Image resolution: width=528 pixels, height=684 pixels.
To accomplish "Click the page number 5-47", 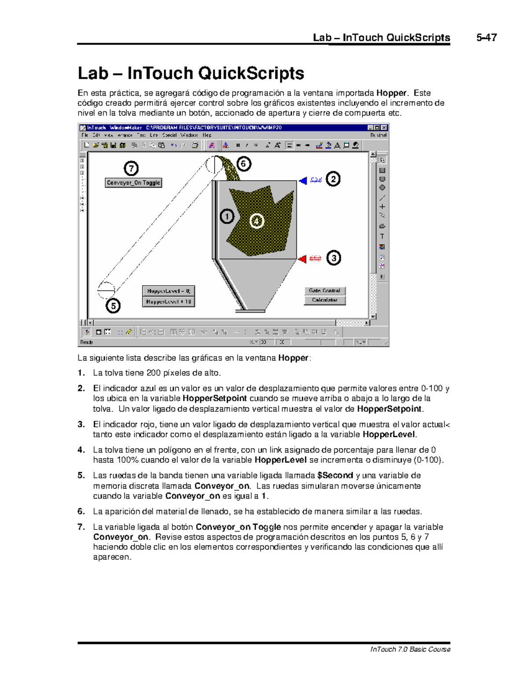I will (486, 37).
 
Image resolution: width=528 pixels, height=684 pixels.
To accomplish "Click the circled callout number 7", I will (131, 168).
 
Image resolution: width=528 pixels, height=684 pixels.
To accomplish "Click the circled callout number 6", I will (243, 164).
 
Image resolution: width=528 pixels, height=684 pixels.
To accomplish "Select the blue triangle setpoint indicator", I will (303, 180).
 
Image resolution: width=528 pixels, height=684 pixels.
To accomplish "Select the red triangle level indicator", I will (302, 259).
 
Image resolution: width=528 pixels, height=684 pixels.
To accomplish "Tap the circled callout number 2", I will (333, 179).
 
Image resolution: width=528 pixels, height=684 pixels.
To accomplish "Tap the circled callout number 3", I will (334, 258).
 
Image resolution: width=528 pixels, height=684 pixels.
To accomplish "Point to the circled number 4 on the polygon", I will (257, 221).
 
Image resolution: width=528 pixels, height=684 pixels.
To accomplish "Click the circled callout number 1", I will (227, 216).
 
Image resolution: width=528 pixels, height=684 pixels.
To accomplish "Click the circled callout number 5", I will (113, 305).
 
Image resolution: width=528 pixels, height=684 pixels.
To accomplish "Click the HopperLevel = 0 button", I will (168, 291).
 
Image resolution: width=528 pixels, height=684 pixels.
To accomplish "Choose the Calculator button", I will (325, 300).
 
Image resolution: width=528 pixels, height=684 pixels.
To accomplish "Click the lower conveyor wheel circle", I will (106, 290).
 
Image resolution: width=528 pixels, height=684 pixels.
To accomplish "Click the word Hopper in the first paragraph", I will (391, 93).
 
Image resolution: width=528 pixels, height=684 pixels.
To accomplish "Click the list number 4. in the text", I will (81, 450).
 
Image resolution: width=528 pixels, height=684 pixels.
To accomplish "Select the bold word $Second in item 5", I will (335, 476).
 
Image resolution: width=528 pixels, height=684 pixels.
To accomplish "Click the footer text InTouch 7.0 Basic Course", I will (410, 649).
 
